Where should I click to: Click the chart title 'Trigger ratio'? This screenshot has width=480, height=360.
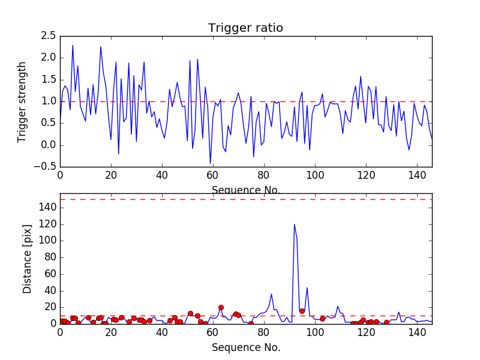pos(245,28)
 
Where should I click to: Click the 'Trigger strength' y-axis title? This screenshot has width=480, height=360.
pos(22,101)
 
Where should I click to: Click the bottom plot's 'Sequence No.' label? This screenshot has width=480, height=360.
pos(246,347)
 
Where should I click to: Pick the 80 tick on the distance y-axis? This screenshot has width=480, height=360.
pos(48,257)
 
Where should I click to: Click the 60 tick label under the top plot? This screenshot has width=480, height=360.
pos(213,175)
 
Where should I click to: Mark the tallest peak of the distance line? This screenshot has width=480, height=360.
pos(294,224)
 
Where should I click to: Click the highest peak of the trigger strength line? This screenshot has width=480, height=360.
pos(73,45)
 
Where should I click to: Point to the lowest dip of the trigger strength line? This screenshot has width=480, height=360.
pos(210,164)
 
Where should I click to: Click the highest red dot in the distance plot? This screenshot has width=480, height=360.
pos(221,307)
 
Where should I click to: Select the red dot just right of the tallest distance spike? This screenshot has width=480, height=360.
pos(302,311)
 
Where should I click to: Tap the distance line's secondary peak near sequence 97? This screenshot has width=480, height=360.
pos(307,287)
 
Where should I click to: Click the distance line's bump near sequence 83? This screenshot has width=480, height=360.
pos(271,294)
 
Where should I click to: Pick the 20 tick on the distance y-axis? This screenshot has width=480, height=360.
pos(48,307)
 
